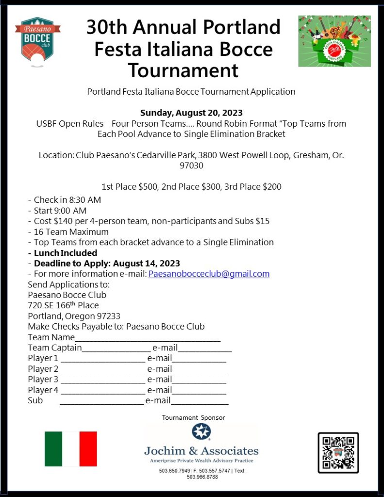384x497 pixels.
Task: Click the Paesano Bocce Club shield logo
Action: (x=37, y=41)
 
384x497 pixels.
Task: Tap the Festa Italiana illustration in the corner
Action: (x=334, y=41)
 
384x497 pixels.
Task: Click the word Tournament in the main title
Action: (x=184, y=70)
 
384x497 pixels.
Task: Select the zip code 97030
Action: (x=191, y=166)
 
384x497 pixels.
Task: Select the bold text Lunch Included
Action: (x=65, y=253)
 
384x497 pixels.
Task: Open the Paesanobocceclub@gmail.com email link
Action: (x=209, y=274)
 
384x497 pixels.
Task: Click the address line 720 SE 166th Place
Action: (x=63, y=305)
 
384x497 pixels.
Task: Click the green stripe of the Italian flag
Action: (x=53, y=449)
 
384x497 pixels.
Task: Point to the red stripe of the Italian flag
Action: (x=88, y=449)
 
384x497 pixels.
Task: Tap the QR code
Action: (x=338, y=452)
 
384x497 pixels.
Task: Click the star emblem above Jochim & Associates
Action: (x=200, y=431)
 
